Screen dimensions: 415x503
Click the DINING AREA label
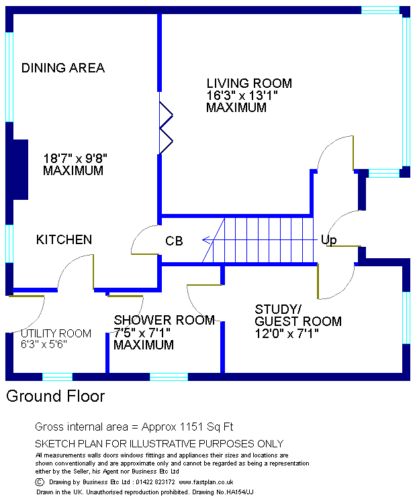point(63,68)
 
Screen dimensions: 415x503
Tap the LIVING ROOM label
point(249,84)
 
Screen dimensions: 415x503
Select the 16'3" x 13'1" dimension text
point(242,96)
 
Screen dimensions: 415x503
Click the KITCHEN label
point(64,239)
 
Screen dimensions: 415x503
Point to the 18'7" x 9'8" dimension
point(75,159)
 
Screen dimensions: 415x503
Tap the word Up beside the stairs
point(328,239)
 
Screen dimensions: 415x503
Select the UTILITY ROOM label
point(56,333)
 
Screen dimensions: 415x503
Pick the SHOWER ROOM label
point(164,321)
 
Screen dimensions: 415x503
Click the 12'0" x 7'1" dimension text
point(287,333)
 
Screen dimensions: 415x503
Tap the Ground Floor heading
point(56,396)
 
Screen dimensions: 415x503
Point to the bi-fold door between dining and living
point(165,127)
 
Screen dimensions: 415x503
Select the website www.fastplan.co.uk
point(205,482)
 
